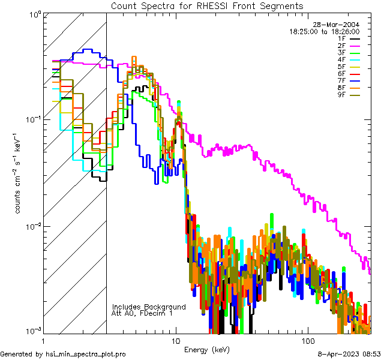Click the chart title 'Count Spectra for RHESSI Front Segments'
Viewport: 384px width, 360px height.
coord(207,5)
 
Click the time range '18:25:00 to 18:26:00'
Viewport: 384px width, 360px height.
coord(324,31)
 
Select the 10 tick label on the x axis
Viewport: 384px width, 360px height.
coord(175,340)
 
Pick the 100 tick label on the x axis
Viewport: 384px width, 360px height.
coord(307,340)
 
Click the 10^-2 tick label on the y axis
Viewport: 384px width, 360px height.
coord(31,227)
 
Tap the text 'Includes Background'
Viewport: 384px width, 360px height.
coord(148,307)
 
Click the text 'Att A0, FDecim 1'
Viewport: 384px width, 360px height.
coord(143,313)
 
